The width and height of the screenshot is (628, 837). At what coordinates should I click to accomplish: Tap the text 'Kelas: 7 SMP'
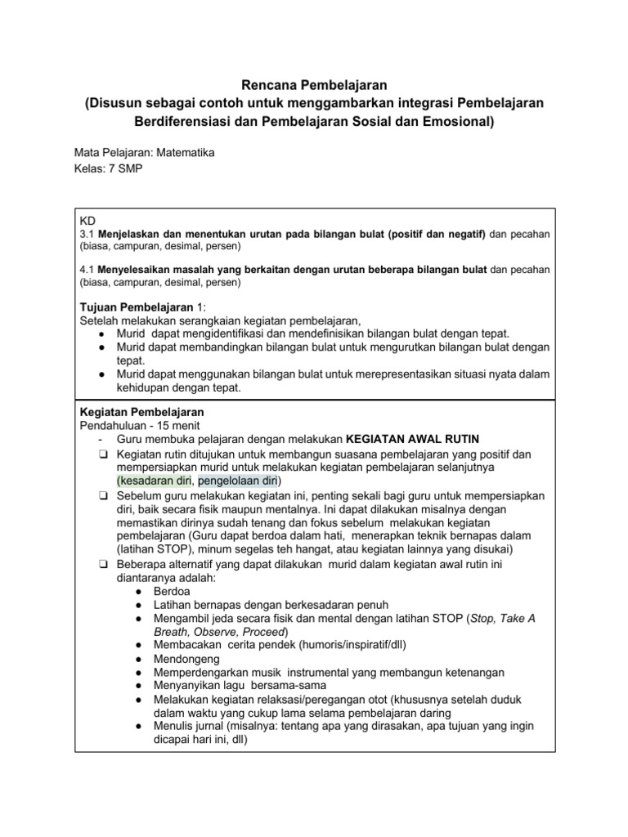pos(106,169)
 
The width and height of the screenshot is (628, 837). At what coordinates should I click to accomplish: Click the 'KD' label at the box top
pos(87,222)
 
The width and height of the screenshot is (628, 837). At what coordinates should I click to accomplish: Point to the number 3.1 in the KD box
pos(87,235)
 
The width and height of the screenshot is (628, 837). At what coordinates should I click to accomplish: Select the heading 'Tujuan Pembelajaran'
pos(131,305)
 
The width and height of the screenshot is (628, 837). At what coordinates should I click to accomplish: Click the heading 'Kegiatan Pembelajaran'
pos(141,411)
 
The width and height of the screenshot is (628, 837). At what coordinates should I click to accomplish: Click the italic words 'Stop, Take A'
pos(502,618)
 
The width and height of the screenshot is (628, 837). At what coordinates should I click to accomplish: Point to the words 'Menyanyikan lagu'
pos(198,687)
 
